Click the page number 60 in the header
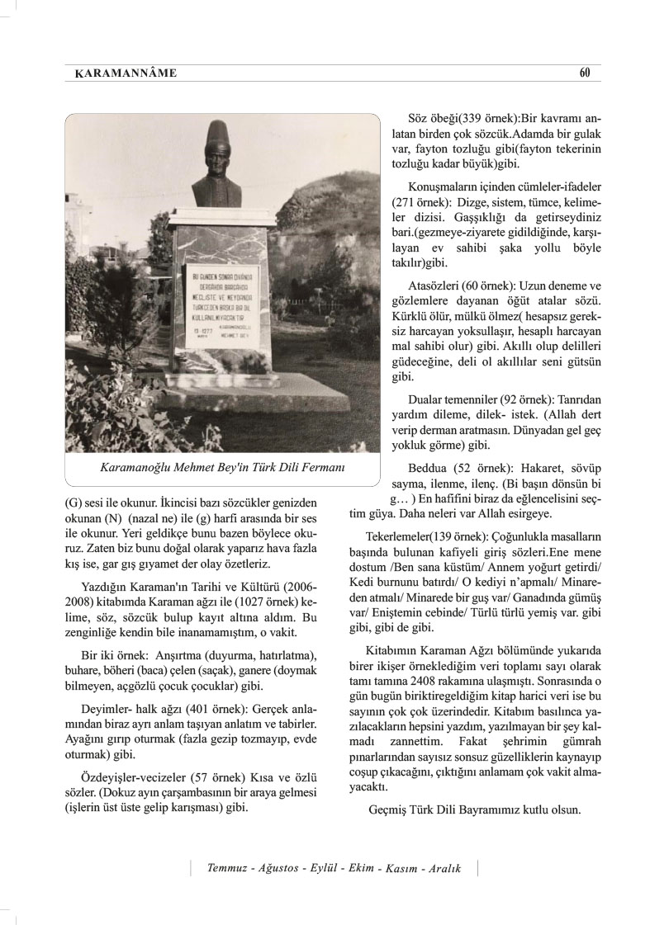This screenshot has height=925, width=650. point(584,73)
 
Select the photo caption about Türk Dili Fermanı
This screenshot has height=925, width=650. point(221,467)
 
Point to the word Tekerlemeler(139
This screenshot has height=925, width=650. point(410,536)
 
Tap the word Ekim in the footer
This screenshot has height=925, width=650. point(359,869)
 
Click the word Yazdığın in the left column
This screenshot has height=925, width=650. point(106,587)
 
